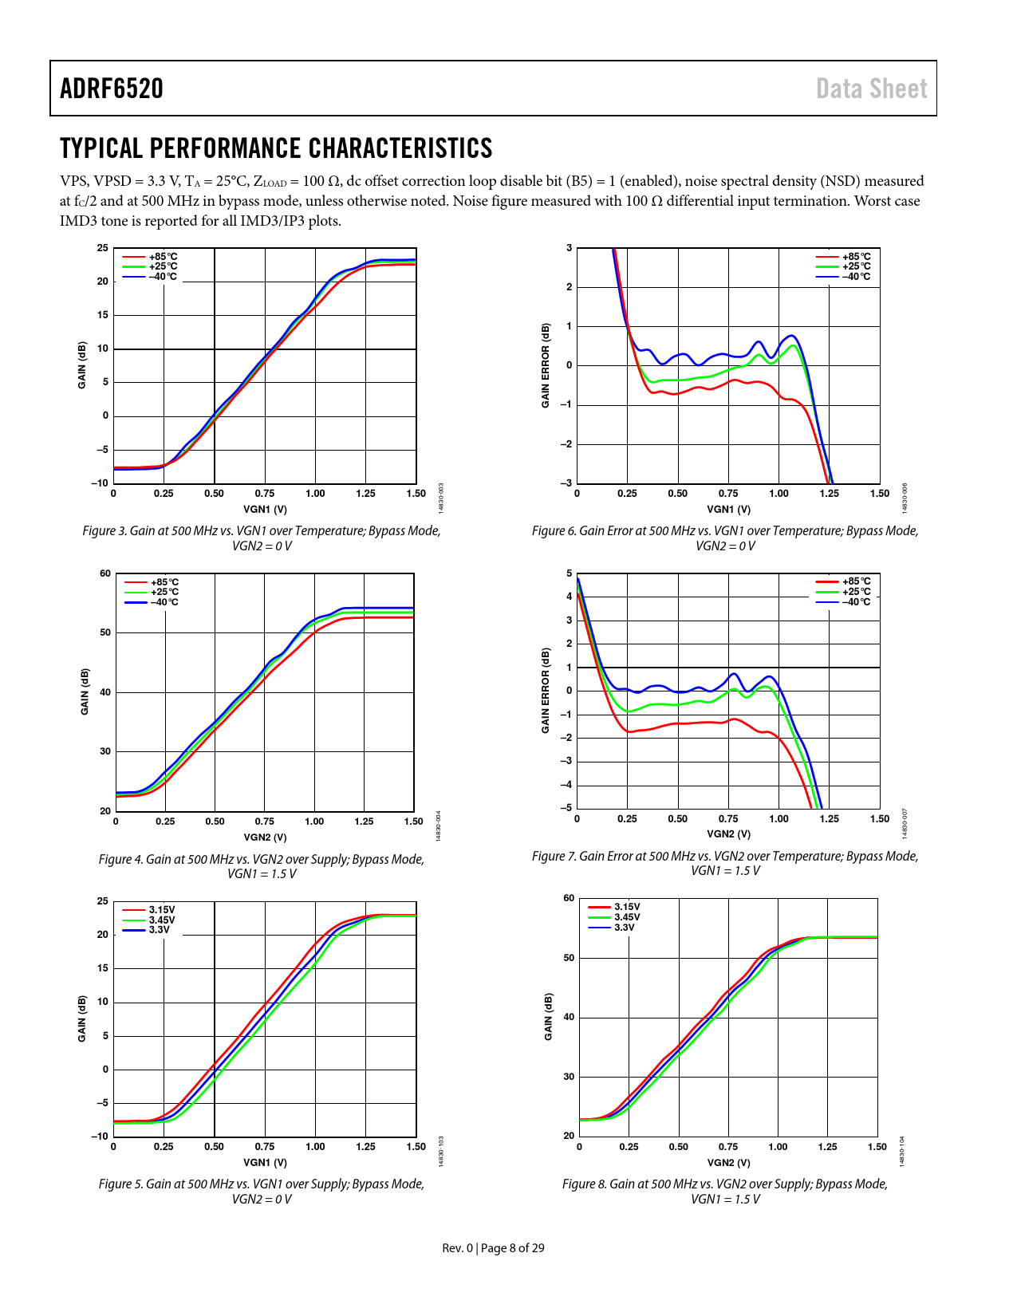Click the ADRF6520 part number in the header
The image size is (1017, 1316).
tap(112, 89)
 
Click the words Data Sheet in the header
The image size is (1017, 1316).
tap(871, 89)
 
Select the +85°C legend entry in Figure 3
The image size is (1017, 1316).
tap(163, 257)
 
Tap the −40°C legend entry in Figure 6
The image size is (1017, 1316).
tap(856, 277)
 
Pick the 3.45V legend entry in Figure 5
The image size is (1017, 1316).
tap(162, 920)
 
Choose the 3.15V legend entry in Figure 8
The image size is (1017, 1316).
tap(626, 907)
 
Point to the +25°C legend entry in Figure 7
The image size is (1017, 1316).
tap(856, 592)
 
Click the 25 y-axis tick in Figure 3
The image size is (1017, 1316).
tap(103, 248)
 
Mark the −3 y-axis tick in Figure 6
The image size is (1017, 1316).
tap(567, 483)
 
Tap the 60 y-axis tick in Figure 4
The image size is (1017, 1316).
tap(105, 573)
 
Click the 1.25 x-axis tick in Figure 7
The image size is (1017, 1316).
tap(829, 818)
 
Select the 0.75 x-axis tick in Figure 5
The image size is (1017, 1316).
tap(265, 1146)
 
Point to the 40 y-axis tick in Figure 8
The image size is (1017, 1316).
tap(569, 1017)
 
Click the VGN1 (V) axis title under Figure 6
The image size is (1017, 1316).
tap(728, 509)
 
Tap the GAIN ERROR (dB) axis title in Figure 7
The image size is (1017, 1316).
tap(546, 691)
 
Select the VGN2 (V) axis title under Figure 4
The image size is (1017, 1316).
tap(265, 837)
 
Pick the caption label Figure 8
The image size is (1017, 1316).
tap(584, 1184)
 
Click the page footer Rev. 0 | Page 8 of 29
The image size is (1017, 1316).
tap(493, 1247)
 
